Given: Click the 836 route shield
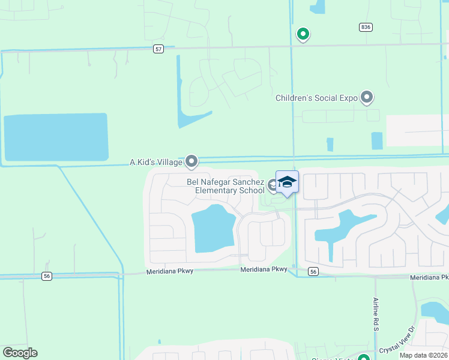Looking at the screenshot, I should pos(366,27).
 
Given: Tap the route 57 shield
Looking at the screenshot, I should pos(158,49).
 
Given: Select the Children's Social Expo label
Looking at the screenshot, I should pos(316,98).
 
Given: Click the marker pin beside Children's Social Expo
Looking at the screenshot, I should pos(367,97).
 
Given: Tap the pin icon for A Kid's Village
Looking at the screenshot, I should pos(191,161).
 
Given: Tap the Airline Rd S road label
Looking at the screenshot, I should pos(375,314).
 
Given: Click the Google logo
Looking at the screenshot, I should pos(20,353).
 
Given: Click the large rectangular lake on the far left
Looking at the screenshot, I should pos(56,137).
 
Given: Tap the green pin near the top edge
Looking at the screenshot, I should pos(303,34).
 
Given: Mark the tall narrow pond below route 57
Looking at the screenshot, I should pos(181,90).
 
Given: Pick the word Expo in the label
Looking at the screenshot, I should pos(348,98).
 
